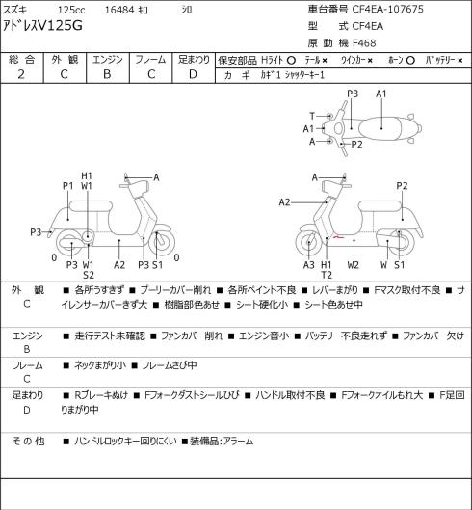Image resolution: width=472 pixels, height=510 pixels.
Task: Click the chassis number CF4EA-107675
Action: click(388, 9)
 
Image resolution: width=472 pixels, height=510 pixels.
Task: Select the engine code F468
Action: click(364, 43)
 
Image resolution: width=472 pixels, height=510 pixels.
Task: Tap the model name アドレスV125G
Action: click(42, 25)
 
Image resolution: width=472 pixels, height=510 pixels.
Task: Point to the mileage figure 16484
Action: click(119, 10)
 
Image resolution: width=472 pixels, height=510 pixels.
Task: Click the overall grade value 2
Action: click(21, 74)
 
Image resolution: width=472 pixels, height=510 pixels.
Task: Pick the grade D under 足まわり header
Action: click(193, 74)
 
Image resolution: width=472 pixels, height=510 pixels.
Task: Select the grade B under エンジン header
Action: click(107, 74)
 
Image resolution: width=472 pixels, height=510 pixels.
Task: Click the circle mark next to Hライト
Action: click(291, 61)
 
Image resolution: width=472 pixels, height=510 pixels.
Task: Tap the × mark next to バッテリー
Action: click(460, 61)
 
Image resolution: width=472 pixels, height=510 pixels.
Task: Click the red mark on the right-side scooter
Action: click(338, 237)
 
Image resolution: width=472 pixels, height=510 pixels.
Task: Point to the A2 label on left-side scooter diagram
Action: click(119, 265)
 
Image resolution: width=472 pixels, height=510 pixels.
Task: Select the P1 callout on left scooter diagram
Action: click(68, 186)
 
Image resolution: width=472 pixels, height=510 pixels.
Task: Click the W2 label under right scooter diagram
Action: click(354, 265)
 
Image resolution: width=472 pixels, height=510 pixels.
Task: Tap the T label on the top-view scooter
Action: click(312, 116)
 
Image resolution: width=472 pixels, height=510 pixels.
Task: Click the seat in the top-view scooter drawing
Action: click(380, 129)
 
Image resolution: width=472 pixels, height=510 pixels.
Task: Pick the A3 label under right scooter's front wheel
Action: click(309, 265)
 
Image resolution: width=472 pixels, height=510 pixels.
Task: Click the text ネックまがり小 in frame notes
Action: click(100, 365)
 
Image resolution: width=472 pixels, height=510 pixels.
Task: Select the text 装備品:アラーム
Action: click(222, 441)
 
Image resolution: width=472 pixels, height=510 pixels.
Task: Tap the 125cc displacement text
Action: click(71, 10)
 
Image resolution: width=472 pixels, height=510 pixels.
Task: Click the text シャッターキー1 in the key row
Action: click(304, 75)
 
